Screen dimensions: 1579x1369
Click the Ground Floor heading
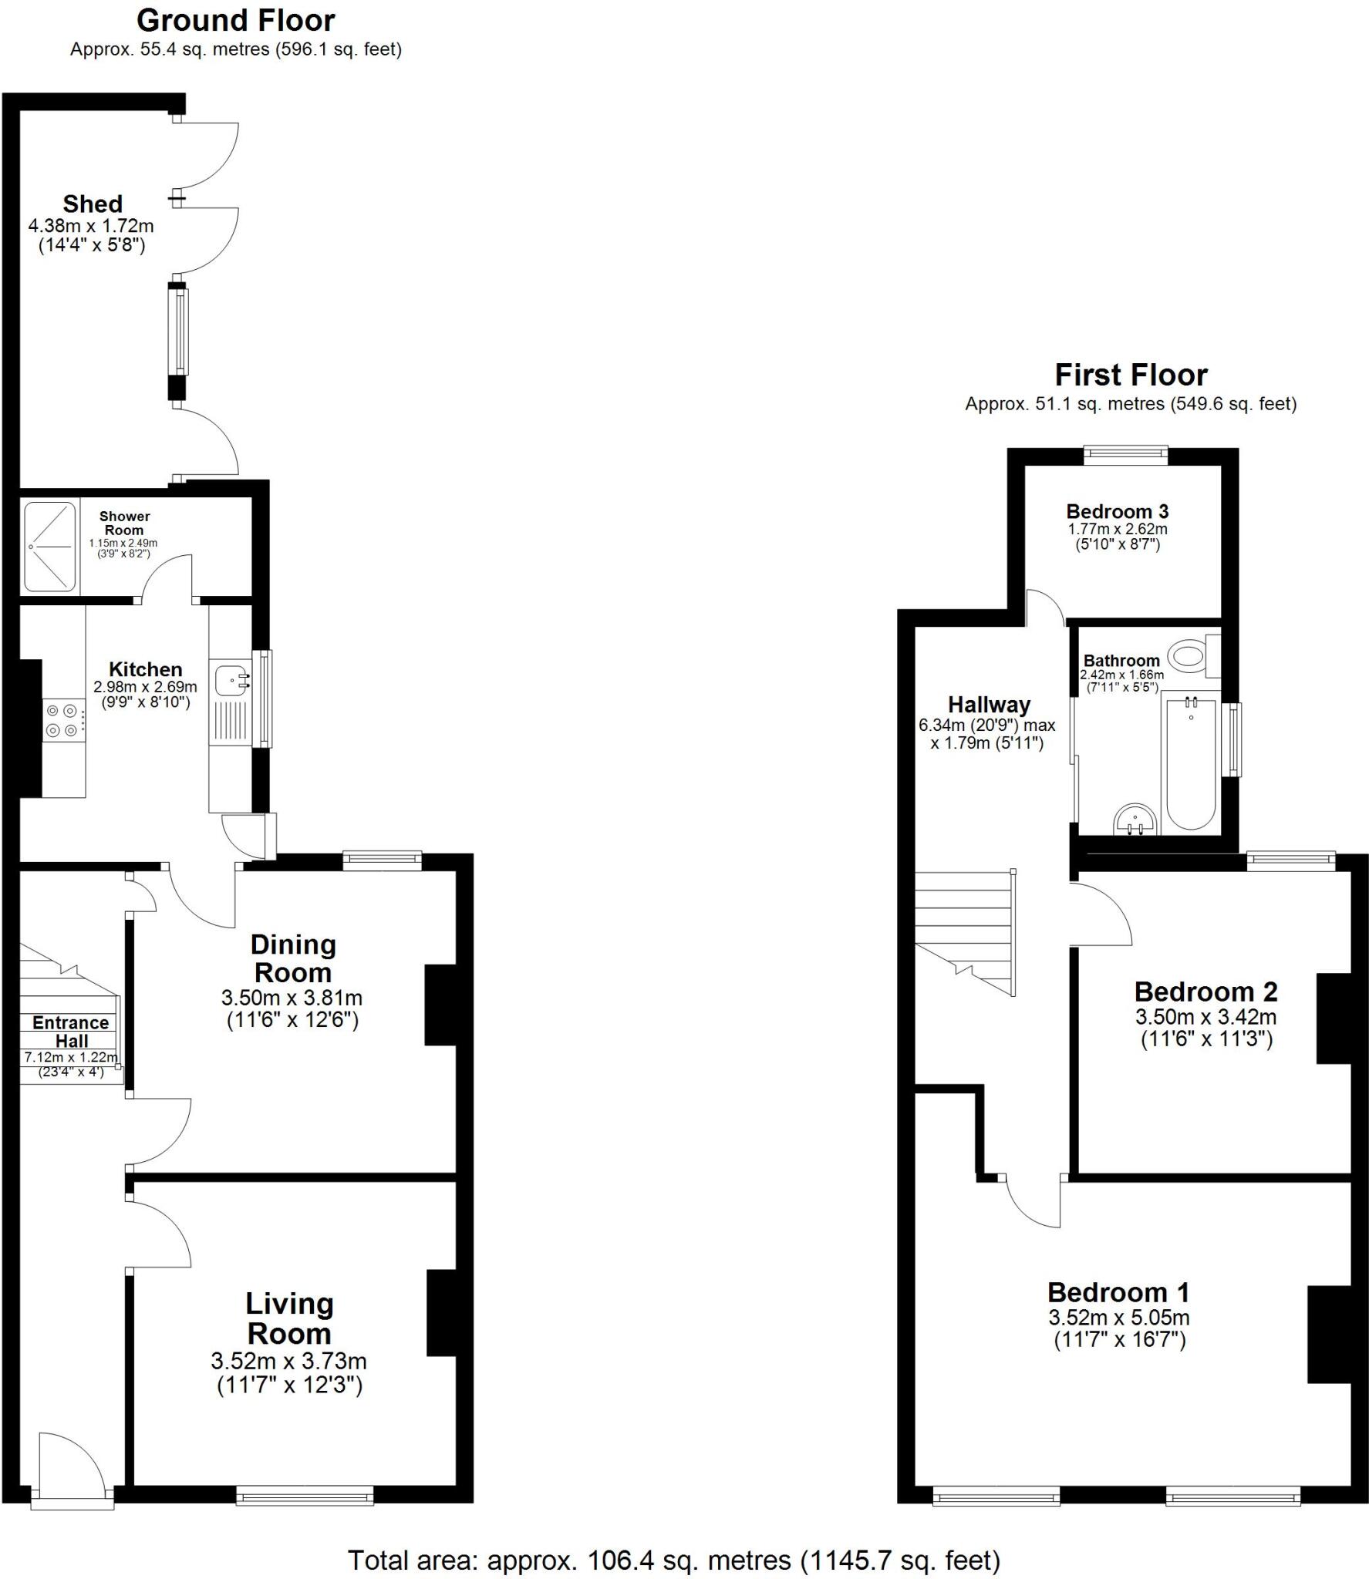tap(235, 21)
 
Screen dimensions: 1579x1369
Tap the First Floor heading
tap(1130, 375)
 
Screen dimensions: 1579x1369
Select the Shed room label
tap(93, 204)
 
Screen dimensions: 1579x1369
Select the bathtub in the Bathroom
tap(1191, 763)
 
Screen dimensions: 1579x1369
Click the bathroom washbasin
tap(1135, 819)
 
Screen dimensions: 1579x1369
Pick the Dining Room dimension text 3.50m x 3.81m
tap(292, 997)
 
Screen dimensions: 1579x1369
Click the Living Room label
tap(289, 1318)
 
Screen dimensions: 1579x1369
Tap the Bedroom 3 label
tap(1117, 511)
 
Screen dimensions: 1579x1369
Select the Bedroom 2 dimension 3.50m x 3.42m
tap(1205, 1016)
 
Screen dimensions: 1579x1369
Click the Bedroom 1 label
tap(1118, 1292)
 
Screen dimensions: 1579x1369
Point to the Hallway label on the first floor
tap(989, 705)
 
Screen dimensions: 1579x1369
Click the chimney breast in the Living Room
tap(441, 1312)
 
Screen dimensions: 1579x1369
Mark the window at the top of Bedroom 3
tap(1125, 456)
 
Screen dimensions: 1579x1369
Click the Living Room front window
tap(305, 1496)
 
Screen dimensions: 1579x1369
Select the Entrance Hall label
tap(70, 1032)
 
